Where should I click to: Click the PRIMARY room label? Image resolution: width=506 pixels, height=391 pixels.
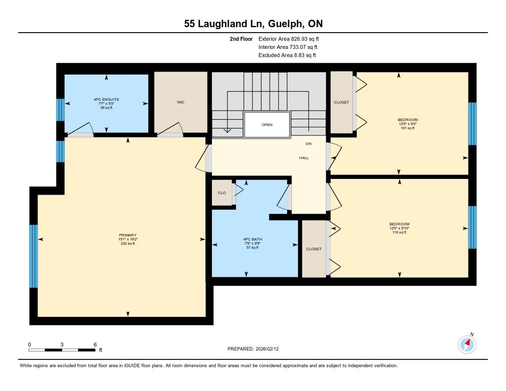click(128, 235)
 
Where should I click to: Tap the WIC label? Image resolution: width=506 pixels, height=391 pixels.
click(181, 102)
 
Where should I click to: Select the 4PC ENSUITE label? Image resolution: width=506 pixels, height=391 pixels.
click(107, 99)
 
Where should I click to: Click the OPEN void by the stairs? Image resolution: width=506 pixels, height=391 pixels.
click(267, 125)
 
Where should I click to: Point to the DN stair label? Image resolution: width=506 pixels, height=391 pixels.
click(308, 144)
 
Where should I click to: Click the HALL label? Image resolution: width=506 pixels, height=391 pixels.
click(304, 158)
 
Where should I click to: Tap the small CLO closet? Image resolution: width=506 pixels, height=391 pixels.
click(222, 193)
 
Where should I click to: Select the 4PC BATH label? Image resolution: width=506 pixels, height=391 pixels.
click(253, 239)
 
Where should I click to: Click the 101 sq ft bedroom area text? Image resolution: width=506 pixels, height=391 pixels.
click(408, 128)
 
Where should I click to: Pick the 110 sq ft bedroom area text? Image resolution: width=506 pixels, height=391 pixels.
click(399, 232)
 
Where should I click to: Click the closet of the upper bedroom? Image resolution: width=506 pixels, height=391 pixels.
click(341, 102)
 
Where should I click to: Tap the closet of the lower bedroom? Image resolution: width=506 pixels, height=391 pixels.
click(314, 249)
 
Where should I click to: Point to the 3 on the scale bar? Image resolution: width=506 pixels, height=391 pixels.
click(62, 345)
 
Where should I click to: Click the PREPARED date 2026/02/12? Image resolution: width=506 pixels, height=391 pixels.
click(267, 348)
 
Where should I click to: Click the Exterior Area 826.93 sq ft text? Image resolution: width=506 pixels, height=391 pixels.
click(289, 39)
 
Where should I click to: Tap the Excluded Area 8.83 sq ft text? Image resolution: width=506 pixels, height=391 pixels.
click(287, 55)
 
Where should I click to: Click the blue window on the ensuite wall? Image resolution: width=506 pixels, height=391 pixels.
click(60, 110)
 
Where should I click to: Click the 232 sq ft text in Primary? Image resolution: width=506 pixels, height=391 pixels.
click(128, 243)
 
